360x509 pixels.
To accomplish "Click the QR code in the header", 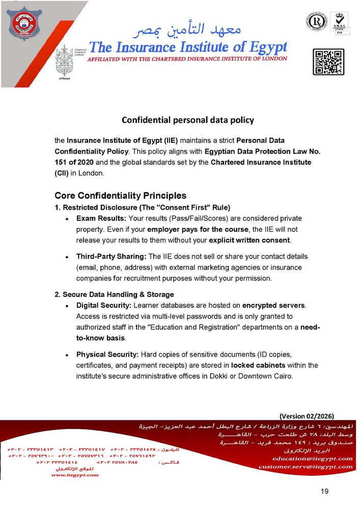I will [328, 62].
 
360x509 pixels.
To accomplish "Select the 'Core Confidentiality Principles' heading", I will [120, 195].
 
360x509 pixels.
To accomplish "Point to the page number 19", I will [325, 491].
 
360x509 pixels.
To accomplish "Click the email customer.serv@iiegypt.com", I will [306, 466].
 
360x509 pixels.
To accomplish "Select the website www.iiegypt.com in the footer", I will [75, 475].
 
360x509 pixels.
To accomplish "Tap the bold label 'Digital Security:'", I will [104, 305].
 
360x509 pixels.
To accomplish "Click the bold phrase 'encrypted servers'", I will [273, 305].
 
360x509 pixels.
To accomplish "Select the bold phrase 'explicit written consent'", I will [249, 240].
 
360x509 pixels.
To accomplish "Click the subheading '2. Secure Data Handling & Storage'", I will [114, 295].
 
